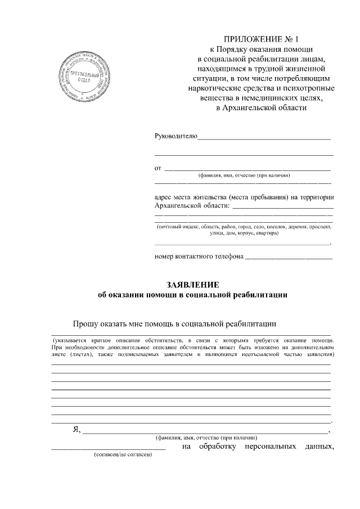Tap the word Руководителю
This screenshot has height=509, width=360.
click(176, 136)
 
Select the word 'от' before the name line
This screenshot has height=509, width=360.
click(158, 168)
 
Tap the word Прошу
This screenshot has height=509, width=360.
click(85, 323)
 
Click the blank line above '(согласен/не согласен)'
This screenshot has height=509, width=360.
click(109, 448)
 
